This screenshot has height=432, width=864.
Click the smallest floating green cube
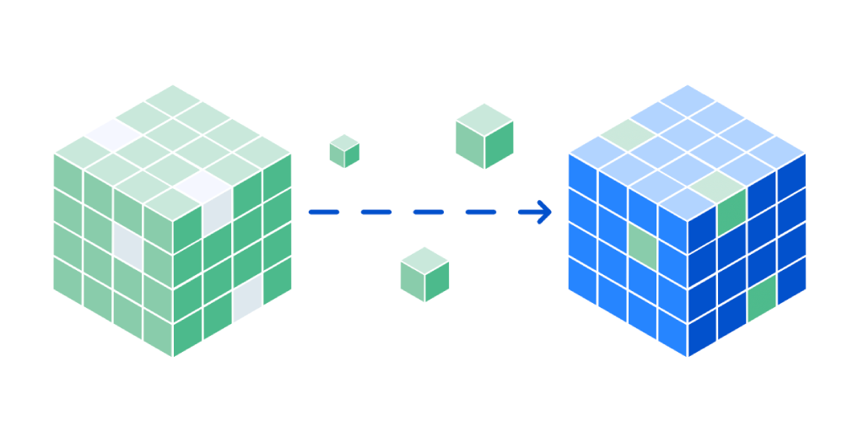pyautogui.click(x=344, y=151)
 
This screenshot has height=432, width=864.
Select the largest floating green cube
pyautogui.click(x=484, y=137)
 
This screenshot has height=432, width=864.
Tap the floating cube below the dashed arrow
pyautogui.click(x=424, y=275)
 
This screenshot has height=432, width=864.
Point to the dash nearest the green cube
pyautogui.click(x=323, y=212)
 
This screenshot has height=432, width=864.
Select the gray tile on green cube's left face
pyautogui.click(x=127, y=244)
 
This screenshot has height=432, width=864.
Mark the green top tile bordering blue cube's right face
pyautogui.click(x=717, y=183)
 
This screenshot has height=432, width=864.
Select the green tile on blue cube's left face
pyautogui.click(x=642, y=244)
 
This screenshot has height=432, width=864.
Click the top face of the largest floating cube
pyautogui.click(x=484, y=117)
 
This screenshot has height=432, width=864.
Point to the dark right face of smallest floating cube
pyautogui.click(x=352, y=154)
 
